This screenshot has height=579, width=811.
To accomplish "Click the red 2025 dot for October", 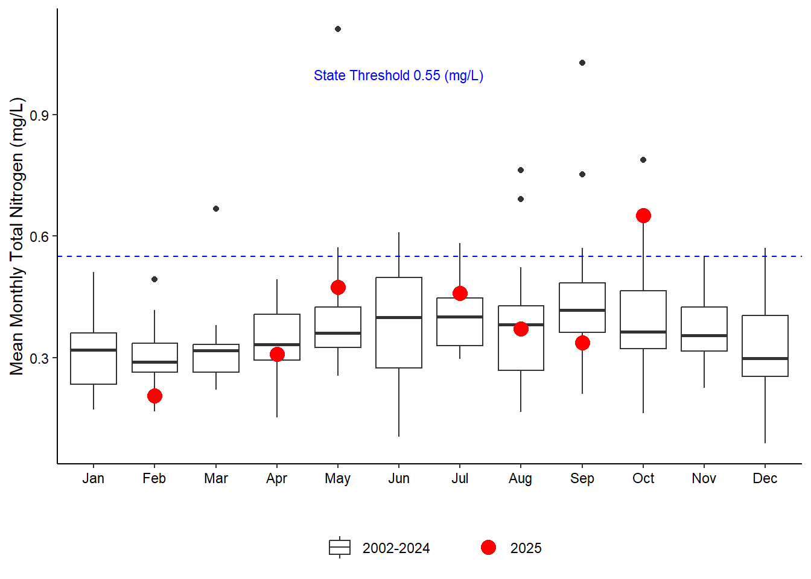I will pyautogui.click(x=643, y=216).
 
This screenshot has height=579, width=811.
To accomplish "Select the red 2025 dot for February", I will pyautogui.click(x=154, y=396).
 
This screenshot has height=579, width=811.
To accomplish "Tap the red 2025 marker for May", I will pyautogui.click(x=338, y=288).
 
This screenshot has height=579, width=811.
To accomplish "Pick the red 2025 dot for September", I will pyautogui.click(x=582, y=343).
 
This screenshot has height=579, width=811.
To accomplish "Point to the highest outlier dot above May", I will pyautogui.click(x=338, y=29).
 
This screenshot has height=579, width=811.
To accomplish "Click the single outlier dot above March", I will pyautogui.click(x=216, y=209).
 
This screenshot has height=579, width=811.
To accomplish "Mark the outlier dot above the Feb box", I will pyautogui.click(x=154, y=279).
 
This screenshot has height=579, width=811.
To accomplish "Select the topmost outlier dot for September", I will pyautogui.click(x=582, y=63).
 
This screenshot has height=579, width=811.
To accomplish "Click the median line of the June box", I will pyautogui.click(x=399, y=317).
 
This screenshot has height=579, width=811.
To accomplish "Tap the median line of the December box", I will pyautogui.click(x=765, y=358).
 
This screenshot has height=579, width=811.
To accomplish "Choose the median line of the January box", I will pyautogui.click(x=94, y=350).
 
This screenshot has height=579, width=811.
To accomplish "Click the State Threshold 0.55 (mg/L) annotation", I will pyautogui.click(x=398, y=75).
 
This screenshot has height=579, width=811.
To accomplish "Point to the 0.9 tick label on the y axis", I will pyautogui.click(x=39, y=115).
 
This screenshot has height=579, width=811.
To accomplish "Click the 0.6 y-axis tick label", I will pyautogui.click(x=39, y=236).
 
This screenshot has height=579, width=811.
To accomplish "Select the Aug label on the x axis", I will pyautogui.click(x=521, y=478).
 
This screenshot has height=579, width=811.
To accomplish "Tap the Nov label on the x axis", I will pyautogui.click(x=704, y=478).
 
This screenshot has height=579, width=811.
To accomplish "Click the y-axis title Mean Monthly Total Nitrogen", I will pyautogui.click(x=17, y=236).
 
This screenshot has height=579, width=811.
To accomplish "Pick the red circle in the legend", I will pyautogui.click(x=488, y=547).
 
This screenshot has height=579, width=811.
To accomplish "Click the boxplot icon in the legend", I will pyautogui.click(x=340, y=547).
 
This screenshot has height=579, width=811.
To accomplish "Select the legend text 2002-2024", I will pyautogui.click(x=396, y=548).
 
